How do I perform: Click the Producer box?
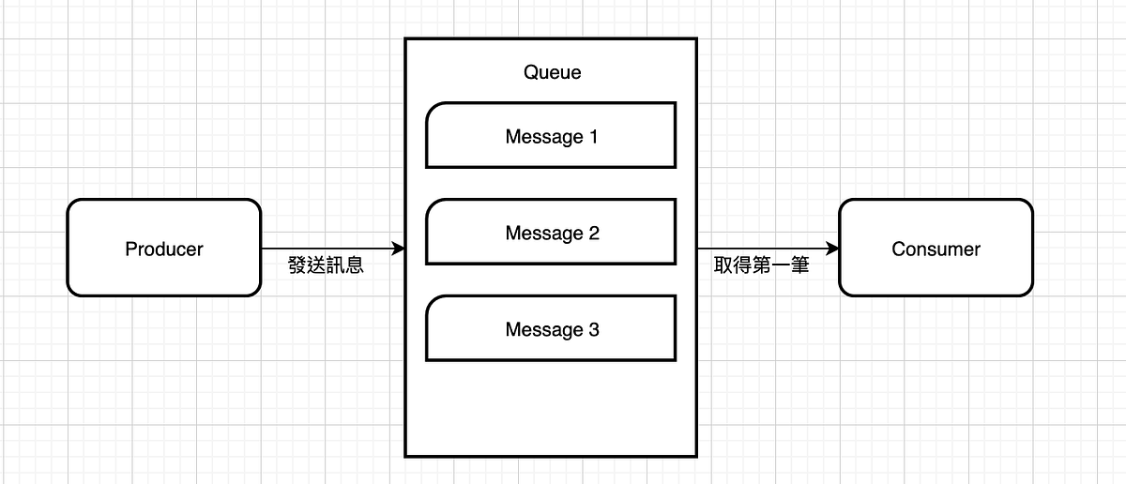coord(163,248)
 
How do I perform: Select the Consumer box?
coord(936,248)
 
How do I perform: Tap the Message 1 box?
coord(551,136)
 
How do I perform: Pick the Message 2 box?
coord(551,232)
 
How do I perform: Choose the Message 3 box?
coord(551,328)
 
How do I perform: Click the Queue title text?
coord(552,72)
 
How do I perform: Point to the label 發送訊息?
coord(326,265)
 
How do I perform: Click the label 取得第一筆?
coord(761,265)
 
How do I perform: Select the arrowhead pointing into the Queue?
coord(398,249)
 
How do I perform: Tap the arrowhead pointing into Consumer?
coord(831,249)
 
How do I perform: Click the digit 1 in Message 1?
coord(593,137)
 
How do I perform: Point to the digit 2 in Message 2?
coord(593,233)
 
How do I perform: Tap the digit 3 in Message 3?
coord(593,329)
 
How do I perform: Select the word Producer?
coord(163,250)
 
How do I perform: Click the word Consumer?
coord(936,250)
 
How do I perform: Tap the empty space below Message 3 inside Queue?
coord(551,408)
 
